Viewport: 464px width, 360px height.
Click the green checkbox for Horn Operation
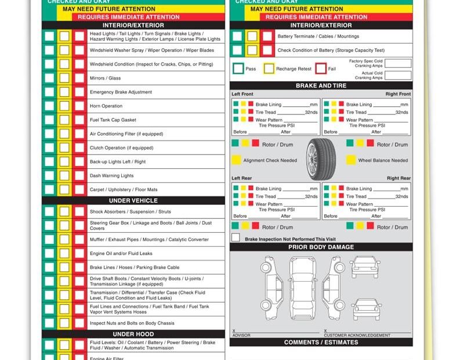[49, 106]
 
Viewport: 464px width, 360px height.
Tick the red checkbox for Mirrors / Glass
[79, 78]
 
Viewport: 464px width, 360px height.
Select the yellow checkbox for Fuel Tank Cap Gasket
[64, 120]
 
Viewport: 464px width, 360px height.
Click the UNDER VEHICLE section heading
[133, 200]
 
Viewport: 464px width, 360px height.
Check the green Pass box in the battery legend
[238, 69]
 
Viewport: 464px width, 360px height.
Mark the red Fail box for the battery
[321, 69]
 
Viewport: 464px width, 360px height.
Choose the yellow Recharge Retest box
[269, 69]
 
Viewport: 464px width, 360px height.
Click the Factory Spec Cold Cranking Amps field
[398, 63]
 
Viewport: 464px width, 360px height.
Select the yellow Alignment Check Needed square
[236, 160]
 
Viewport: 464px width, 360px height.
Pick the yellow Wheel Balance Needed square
[351, 160]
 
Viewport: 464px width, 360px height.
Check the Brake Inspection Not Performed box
[235, 238]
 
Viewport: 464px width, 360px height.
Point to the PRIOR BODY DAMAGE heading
[321, 247]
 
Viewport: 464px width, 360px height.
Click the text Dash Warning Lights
[111, 176]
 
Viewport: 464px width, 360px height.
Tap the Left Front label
[242, 94]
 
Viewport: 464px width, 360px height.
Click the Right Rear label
[398, 178]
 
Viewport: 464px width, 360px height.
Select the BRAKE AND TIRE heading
[321, 85]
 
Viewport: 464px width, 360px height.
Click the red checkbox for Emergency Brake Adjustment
[79, 92]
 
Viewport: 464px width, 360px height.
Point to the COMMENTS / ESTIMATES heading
[321, 343]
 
